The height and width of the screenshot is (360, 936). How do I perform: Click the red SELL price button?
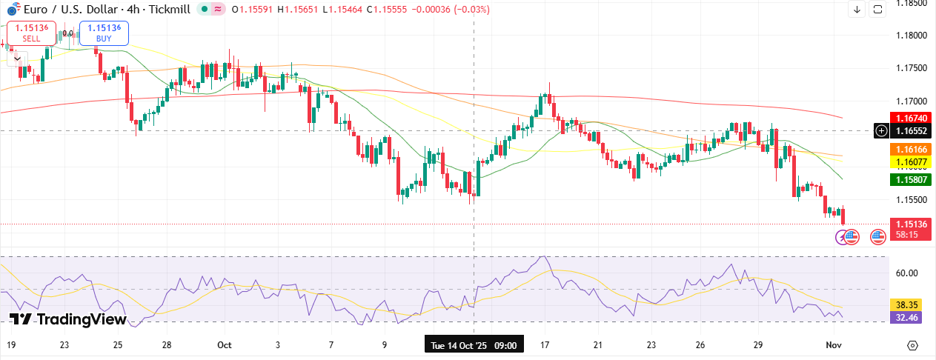31,33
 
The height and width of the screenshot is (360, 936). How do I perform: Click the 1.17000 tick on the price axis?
910,101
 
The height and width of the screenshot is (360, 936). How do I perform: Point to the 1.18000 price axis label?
910,35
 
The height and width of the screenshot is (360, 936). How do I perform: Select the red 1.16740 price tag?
910,118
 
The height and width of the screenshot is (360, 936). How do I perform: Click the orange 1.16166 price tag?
910,149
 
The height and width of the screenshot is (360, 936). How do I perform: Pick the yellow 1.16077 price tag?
910,161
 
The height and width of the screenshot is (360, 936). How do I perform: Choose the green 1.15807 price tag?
910,179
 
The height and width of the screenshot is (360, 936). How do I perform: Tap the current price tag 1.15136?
910,224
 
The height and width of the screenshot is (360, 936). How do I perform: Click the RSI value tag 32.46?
907,317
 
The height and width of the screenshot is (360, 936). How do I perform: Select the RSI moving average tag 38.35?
907,304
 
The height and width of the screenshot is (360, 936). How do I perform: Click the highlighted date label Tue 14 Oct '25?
474,345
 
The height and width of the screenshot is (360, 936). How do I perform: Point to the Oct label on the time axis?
225,345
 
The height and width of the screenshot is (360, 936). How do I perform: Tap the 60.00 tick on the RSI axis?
907,273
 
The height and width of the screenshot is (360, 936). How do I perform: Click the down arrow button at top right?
857,10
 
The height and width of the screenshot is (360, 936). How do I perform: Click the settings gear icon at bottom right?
912,345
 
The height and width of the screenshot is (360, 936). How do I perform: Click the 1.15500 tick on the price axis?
910,200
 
